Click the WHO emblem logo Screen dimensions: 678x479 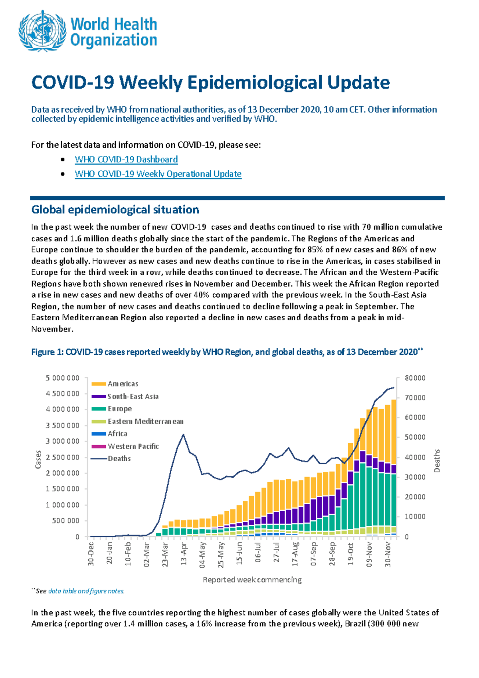click(42, 32)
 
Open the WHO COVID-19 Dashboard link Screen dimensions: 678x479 click(126, 159)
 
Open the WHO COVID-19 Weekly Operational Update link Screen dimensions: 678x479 click(158, 174)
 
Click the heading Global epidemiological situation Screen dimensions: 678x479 click(115, 210)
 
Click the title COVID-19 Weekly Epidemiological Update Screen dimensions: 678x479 click(210, 83)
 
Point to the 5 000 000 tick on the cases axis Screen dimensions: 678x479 click(63, 378)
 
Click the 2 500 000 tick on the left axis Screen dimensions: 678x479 click(63, 457)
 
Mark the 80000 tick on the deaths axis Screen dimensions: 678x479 click(415, 378)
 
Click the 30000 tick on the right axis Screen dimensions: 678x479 click(415, 477)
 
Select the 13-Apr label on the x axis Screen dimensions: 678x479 click(184, 553)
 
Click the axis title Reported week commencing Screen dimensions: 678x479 click(252, 579)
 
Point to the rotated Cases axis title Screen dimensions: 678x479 click(38, 459)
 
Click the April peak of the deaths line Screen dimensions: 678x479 click(183, 434)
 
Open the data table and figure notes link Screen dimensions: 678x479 click(86, 591)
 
